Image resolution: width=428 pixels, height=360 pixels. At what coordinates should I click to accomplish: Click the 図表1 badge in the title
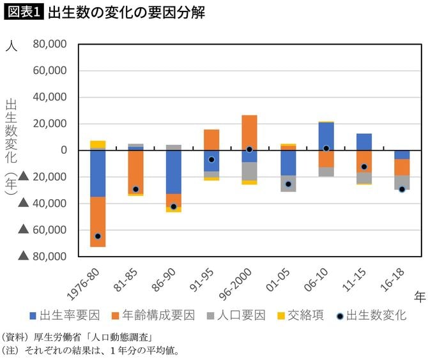24,13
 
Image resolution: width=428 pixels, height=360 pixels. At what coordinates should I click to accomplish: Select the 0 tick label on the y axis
64,151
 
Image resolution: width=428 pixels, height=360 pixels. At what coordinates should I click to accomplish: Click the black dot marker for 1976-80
98,236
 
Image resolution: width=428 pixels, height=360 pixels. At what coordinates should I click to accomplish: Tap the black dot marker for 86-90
174,207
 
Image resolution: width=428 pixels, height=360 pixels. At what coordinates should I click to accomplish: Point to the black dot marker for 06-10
326,148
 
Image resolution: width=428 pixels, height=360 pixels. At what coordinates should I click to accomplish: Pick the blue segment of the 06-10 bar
326,136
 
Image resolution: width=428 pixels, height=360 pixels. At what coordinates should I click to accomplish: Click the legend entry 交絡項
302,315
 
